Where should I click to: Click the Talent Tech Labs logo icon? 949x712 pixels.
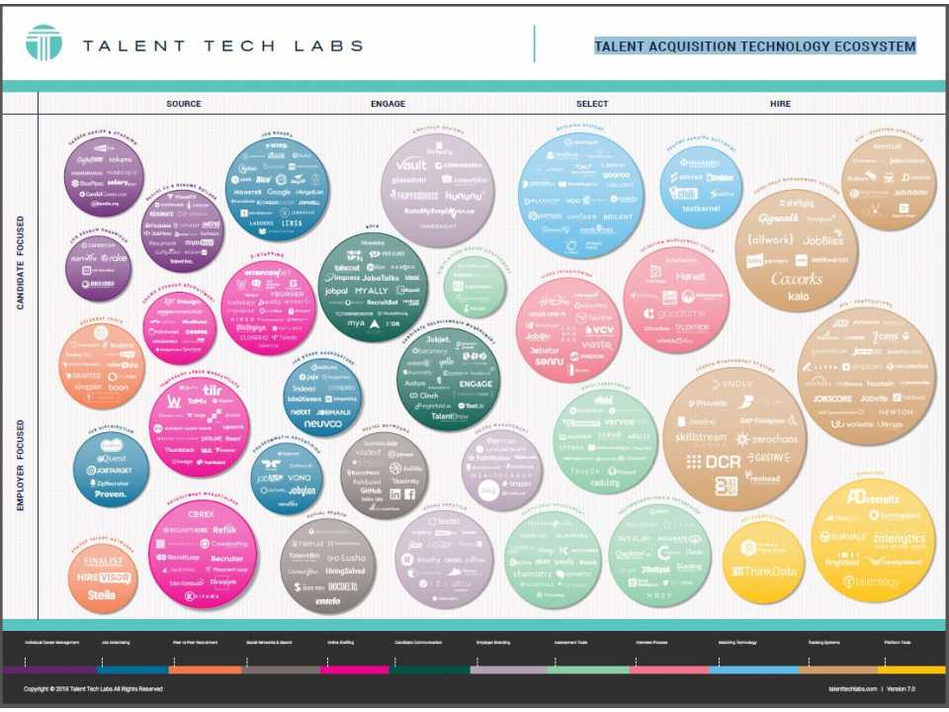(43, 43)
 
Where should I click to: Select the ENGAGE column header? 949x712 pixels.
(388, 104)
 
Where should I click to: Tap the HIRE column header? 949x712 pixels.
(780, 104)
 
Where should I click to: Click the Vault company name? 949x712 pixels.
(410, 165)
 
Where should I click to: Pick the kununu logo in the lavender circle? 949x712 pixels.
(466, 196)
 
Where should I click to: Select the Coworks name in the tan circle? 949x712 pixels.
(796, 279)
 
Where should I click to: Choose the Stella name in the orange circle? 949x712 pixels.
(102, 595)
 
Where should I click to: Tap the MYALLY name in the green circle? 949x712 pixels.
(373, 292)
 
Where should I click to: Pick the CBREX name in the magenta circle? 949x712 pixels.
(203, 515)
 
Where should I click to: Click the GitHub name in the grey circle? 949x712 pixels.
(371, 489)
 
